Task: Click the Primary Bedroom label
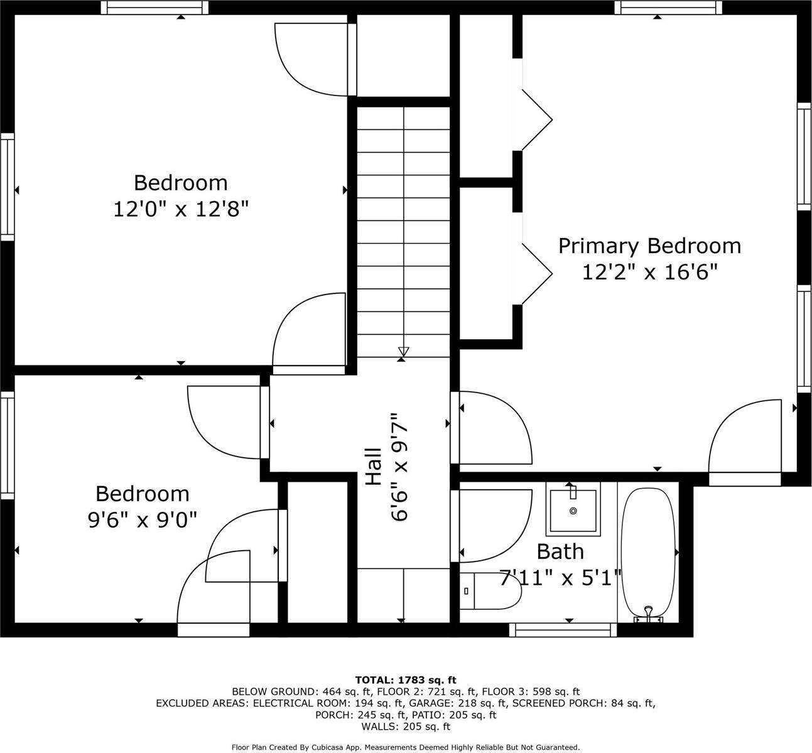(649, 246)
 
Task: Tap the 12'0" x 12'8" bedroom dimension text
(181, 209)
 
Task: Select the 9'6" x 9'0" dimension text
(143, 520)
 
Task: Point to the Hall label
(373, 467)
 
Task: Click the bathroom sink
(573, 509)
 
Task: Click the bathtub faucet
(648, 616)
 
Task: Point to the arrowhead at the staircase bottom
(404, 351)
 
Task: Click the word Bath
(560, 552)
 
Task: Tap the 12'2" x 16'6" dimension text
(650, 272)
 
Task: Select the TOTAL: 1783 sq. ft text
(406, 680)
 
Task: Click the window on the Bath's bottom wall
(563, 631)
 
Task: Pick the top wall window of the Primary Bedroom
(668, 8)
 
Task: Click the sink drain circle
(573, 511)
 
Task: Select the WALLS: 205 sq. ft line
(406, 727)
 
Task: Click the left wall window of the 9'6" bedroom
(8, 446)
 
